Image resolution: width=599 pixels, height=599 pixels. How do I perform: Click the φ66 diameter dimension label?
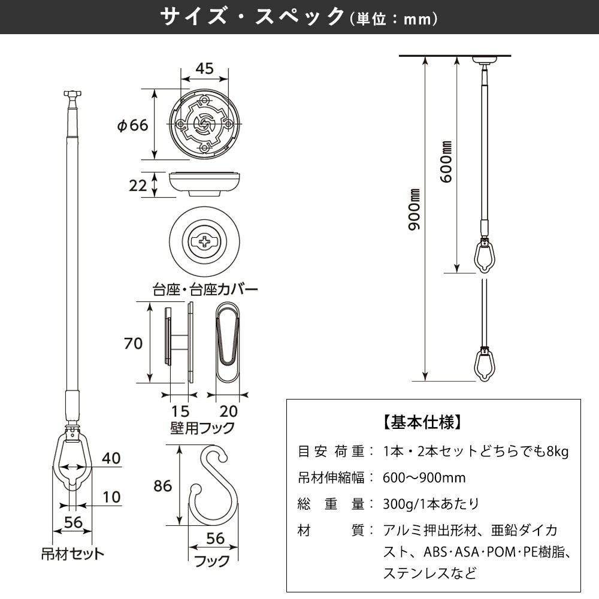click(132, 125)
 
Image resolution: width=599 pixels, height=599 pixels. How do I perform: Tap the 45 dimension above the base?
click(204, 68)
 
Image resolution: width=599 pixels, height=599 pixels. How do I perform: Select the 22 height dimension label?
click(138, 186)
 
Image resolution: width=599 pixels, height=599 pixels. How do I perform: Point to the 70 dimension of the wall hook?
click(133, 343)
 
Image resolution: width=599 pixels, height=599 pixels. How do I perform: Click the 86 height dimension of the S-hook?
click(162, 486)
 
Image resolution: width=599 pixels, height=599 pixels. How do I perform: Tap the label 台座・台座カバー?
click(205, 290)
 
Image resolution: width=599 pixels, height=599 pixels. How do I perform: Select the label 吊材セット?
click(72, 553)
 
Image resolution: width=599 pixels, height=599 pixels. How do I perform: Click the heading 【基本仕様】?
click(422, 422)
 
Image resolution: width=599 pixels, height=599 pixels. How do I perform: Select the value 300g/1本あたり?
click(431, 504)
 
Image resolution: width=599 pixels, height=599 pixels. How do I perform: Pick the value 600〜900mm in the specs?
click(424, 477)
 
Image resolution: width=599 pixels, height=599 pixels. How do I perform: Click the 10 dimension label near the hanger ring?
click(111, 497)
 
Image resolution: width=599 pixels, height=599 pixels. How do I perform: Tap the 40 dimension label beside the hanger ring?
click(111, 459)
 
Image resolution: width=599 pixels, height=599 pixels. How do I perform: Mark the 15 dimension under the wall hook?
click(180, 412)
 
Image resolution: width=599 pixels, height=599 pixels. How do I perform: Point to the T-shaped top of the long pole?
click(72, 94)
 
